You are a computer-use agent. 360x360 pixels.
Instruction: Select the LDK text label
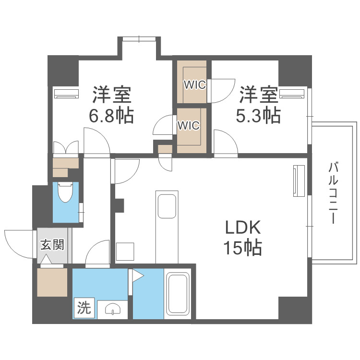tap(243, 226)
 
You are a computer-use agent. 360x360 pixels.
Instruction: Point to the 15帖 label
tap(242, 248)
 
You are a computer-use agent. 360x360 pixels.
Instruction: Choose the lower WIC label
tap(188, 125)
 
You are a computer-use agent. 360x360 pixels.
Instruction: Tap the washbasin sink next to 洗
tap(112, 310)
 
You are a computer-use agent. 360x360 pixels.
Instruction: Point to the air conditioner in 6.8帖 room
tap(66, 94)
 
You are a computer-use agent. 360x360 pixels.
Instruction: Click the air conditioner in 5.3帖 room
tap(292, 93)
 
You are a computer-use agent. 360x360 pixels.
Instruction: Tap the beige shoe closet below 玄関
tap(52, 282)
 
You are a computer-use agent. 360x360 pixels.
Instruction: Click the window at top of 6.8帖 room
tap(139, 39)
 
